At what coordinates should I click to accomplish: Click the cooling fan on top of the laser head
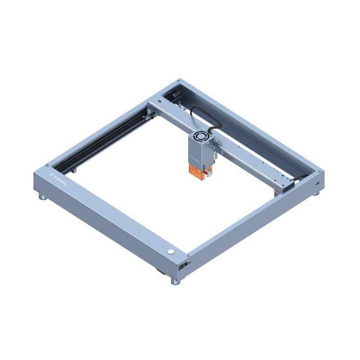202,136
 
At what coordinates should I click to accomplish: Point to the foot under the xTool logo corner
44,198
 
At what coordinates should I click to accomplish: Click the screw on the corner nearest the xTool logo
46,165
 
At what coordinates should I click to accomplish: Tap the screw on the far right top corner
322,172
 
